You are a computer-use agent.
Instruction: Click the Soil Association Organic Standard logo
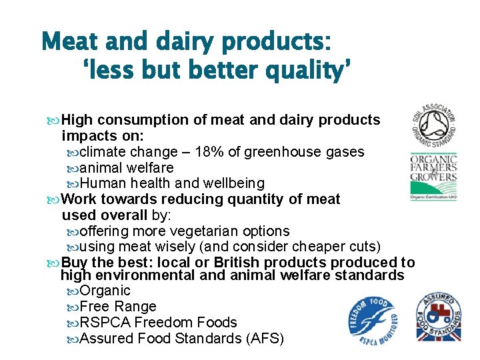pos(433,126)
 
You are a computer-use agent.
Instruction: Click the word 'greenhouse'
pos(278,152)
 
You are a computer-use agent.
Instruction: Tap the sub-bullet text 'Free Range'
pos(118,307)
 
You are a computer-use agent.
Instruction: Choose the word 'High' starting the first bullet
pos(77,120)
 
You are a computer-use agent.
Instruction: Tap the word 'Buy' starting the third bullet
pos(74,263)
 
